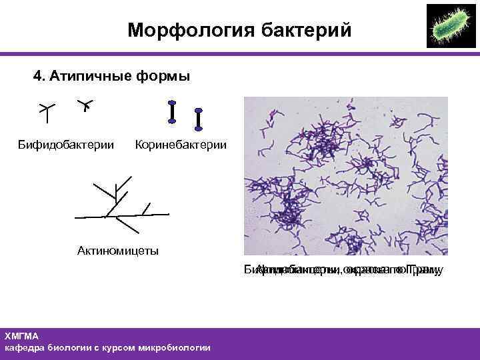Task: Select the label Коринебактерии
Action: [x=181, y=145]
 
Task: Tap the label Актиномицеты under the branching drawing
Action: [x=118, y=251]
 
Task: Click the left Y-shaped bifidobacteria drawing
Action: [x=46, y=112]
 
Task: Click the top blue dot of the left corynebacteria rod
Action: [x=172, y=103]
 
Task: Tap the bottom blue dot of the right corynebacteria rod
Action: [x=198, y=128]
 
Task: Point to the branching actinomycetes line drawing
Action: [x=120, y=203]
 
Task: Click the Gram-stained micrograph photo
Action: [x=345, y=176]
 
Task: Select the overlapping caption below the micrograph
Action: [x=343, y=270]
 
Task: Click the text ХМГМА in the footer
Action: [x=22, y=336]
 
